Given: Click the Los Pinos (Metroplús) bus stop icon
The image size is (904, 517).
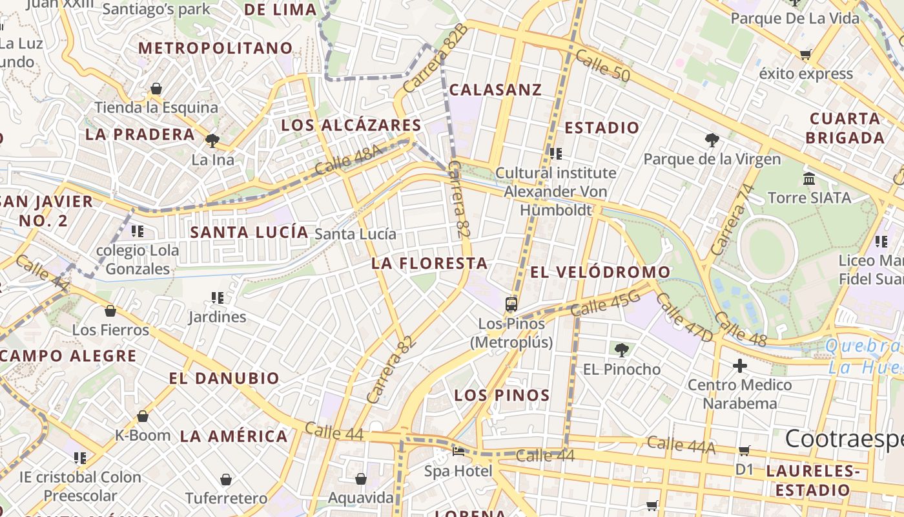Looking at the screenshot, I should [511, 303].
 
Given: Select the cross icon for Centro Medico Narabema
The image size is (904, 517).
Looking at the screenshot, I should [740, 366].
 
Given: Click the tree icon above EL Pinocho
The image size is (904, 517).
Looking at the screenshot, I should [621, 350].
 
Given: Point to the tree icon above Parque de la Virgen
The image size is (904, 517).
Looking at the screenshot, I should [712, 140].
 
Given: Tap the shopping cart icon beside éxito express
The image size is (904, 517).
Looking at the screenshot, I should [805, 55].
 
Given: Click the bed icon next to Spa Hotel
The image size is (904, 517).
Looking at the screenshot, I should [458, 451].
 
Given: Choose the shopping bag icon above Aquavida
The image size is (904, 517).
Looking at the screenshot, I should [361, 479].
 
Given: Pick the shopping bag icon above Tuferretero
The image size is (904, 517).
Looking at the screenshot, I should [226, 480].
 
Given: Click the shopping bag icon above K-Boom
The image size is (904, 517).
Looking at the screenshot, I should [143, 416].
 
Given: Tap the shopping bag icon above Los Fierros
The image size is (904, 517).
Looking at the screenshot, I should [110, 311].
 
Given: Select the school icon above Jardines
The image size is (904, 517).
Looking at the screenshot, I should [218, 298].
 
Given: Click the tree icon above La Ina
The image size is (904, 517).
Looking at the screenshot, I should [212, 140].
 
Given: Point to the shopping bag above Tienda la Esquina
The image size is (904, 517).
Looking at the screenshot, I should [156, 89].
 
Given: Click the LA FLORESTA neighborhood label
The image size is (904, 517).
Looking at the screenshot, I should [429, 264].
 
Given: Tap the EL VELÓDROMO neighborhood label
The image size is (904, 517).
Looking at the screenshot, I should [601, 273].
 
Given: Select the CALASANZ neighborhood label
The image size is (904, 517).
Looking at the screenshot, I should [495, 90].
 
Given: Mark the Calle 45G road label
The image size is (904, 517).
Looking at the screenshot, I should [605, 304].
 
